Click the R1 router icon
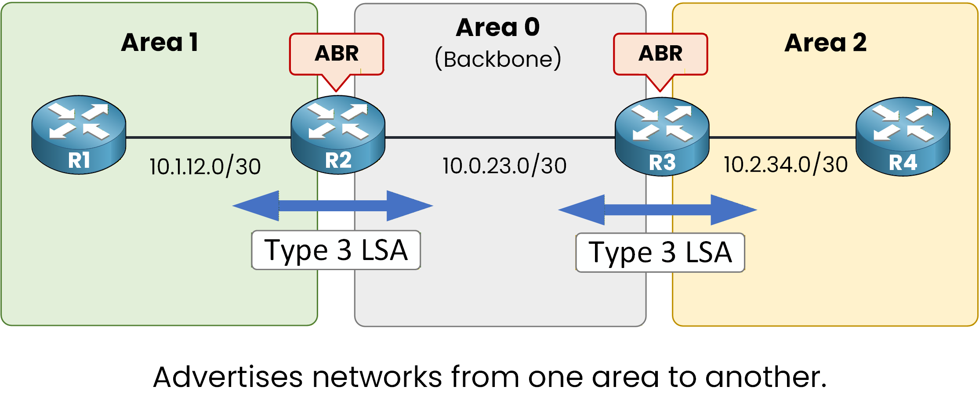tap(79, 134)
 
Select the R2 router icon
tap(338, 134)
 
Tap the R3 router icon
tap(662, 136)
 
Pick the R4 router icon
tap(903, 136)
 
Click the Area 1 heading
tap(160, 43)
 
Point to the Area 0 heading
tap(498, 27)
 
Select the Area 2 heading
tap(825, 43)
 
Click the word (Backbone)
tap(498, 59)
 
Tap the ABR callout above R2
tap(337, 54)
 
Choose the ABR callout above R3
tap(660, 54)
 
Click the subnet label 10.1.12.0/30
tap(205, 167)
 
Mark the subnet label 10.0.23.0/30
tap(504, 166)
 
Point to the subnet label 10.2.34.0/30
tap(786, 165)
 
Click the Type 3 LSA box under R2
tap(336, 250)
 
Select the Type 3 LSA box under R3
tap(660, 253)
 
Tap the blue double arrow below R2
tap(333, 206)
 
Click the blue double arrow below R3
tap(657, 210)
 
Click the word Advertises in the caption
tap(228, 377)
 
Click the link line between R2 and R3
tap(500, 137)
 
